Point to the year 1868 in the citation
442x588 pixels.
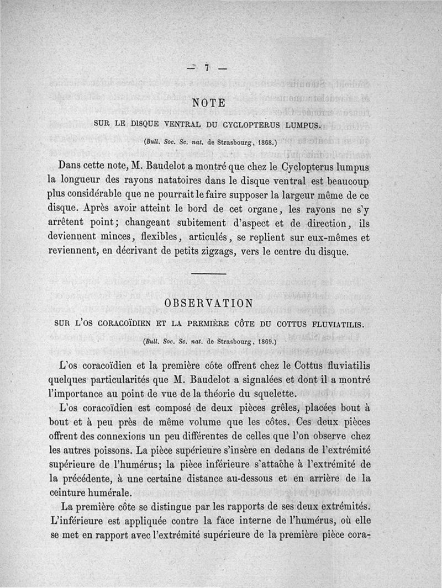pyautogui.click(x=260, y=142)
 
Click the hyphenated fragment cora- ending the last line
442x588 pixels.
pyautogui.click(x=359, y=536)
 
